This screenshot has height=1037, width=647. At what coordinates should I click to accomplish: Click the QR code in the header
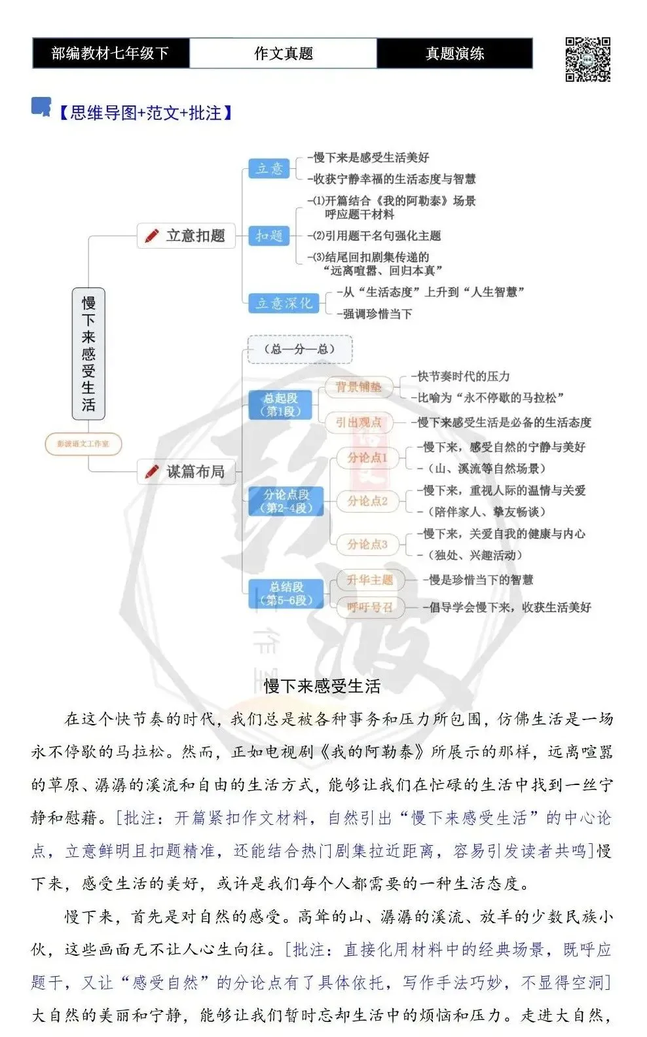pyautogui.click(x=587, y=59)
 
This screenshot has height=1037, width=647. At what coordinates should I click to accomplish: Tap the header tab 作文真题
pyautogui.click(x=283, y=53)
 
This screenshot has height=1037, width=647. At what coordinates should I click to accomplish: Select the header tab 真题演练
pyautogui.click(x=454, y=53)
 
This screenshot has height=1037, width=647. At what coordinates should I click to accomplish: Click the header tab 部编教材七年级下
pyautogui.click(x=111, y=53)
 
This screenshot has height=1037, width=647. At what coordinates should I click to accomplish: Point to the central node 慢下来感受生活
pyautogui.click(x=88, y=354)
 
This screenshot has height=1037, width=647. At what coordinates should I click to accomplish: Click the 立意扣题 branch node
pyautogui.click(x=186, y=236)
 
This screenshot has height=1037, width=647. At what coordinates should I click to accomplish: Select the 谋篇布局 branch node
pyautogui.click(x=186, y=471)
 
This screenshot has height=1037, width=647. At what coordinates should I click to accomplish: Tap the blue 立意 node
pyautogui.click(x=269, y=168)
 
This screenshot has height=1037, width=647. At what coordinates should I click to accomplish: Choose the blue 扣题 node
pyautogui.click(x=269, y=236)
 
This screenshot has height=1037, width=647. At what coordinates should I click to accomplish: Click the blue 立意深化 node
pyautogui.click(x=284, y=303)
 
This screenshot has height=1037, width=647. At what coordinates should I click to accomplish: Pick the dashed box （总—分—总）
pyautogui.click(x=300, y=350)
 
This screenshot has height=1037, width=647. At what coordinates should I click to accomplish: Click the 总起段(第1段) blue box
pyautogui.click(x=280, y=405)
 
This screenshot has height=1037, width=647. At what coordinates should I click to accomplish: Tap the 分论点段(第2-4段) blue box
pyautogui.click(x=286, y=501)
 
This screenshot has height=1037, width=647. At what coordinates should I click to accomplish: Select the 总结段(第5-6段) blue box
pyautogui.click(x=286, y=593)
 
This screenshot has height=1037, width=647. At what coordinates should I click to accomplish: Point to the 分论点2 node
pyautogui.click(x=367, y=501)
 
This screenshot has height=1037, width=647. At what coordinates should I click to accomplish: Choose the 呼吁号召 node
pyautogui.click(x=369, y=607)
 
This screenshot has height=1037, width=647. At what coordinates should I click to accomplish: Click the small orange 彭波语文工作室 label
pyautogui.click(x=83, y=444)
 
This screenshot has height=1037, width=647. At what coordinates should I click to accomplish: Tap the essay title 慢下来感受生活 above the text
pyautogui.click(x=322, y=686)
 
